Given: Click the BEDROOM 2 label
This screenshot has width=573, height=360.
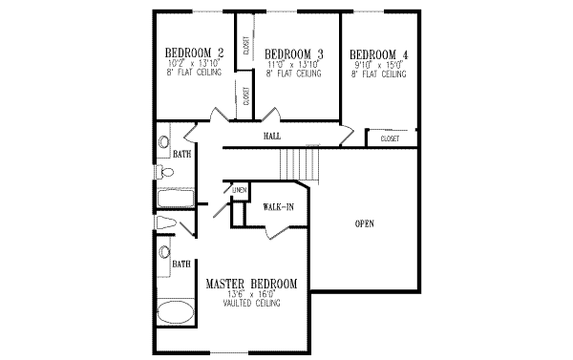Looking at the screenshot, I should (x=194, y=53).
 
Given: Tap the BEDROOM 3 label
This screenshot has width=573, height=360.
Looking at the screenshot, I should (x=293, y=53).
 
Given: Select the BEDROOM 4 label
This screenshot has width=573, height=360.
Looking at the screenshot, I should (x=379, y=53).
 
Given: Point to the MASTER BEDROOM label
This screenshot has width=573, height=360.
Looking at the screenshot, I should (x=251, y=285).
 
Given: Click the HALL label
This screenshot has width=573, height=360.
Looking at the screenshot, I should (x=272, y=138).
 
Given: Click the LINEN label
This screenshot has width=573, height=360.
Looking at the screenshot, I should (x=239, y=190).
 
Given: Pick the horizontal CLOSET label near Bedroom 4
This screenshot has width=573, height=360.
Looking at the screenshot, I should (x=390, y=138).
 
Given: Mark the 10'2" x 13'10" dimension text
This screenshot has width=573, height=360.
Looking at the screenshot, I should (x=194, y=63).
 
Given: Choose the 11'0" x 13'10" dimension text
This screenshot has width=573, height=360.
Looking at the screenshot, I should (x=293, y=64).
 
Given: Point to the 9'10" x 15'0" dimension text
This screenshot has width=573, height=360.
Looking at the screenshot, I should (x=379, y=64).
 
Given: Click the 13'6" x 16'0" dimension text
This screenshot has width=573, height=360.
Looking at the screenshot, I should (x=251, y=296).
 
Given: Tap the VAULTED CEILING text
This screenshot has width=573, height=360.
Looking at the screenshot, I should (x=251, y=305).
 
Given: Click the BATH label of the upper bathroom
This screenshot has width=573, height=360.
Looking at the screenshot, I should (x=180, y=152).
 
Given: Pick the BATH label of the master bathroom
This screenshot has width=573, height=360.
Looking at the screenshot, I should (x=180, y=264).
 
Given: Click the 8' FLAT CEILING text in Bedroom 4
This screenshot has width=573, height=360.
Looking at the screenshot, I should (x=379, y=72).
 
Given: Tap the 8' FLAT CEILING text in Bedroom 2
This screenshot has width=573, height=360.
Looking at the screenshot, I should (x=194, y=72).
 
